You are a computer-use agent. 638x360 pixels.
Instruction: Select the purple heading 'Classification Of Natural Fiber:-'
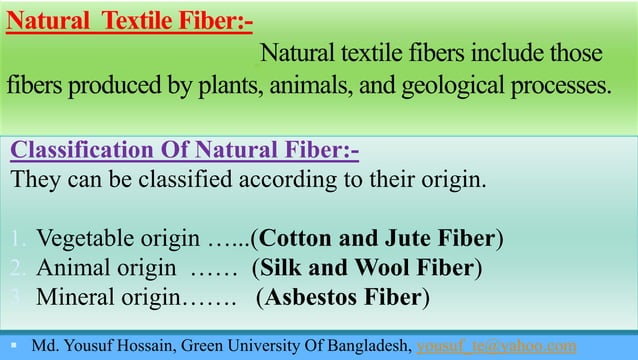[x=185, y=151]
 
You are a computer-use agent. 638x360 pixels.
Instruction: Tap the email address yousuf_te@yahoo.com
[x=496, y=346]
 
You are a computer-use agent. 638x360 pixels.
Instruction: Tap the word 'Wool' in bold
[x=376, y=268]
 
